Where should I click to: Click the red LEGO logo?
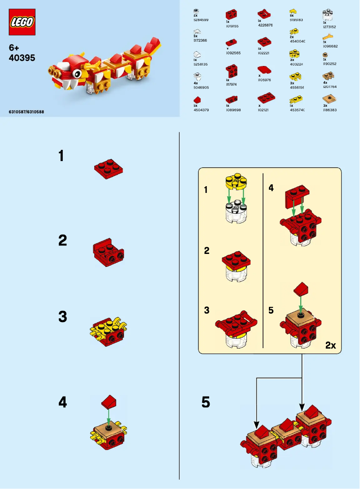[x=22, y=22]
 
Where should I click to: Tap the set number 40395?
[x=22, y=58]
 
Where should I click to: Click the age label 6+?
[x=15, y=47]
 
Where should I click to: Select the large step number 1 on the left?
[x=61, y=156]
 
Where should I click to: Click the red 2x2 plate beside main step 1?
[x=109, y=169]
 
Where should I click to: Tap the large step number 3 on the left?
[x=62, y=317]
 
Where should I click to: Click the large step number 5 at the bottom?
[x=206, y=402]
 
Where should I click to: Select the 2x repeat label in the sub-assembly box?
[x=330, y=345]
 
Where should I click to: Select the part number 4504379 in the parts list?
[x=201, y=110]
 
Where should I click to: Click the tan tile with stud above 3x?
[x=330, y=99]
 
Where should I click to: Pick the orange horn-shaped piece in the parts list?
[x=328, y=37]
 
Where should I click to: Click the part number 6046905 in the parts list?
[x=201, y=88]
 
